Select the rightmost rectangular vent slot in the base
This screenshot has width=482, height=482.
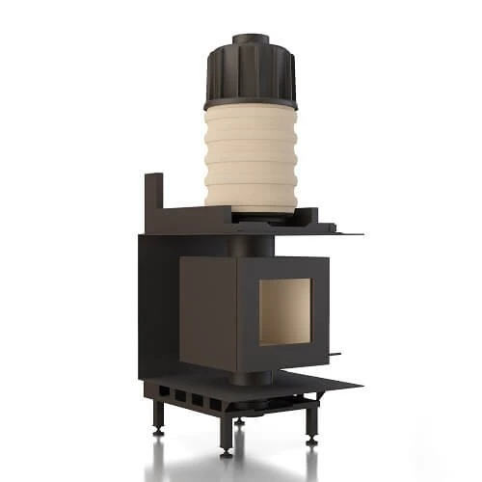(215, 400)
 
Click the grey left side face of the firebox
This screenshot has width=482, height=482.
(207, 309)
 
